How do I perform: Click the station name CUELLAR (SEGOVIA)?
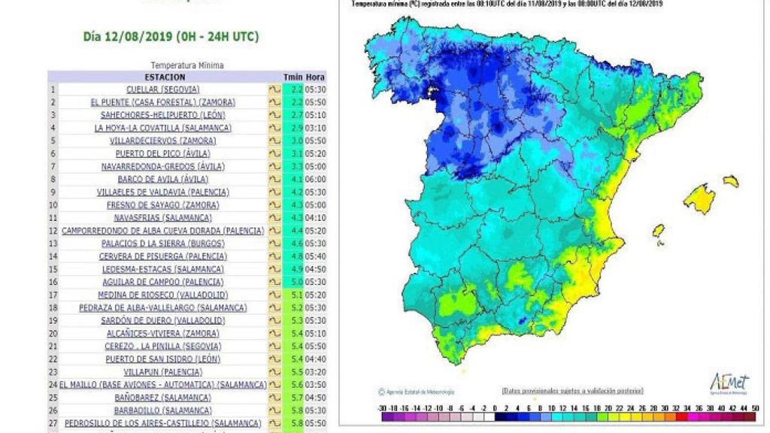(x=162, y=89)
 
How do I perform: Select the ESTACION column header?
(x=164, y=77)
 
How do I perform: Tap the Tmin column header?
(x=293, y=77)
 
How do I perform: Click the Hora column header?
(x=316, y=77)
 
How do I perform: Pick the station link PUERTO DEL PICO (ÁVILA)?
(x=162, y=153)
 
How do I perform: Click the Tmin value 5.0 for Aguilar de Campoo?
(x=296, y=282)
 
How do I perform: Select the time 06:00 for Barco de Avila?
(x=316, y=180)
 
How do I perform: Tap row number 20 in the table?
(x=53, y=333)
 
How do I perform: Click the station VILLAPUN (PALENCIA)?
(x=162, y=372)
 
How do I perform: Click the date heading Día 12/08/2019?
(x=171, y=36)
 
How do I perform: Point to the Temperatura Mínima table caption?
(x=186, y=65)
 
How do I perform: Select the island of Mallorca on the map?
(x=700, y=198)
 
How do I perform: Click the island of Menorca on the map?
(x=731, y=181)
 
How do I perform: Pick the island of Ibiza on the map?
(x=658, y=230)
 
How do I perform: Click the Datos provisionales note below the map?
(x=572, y=391)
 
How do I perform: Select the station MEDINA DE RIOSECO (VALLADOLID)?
(x=162, y=295)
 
